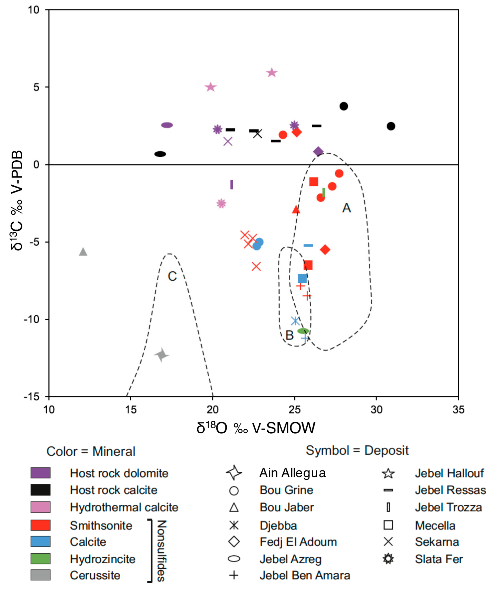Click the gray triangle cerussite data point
click(x=83, y=252)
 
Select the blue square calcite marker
click(x=302, y=278)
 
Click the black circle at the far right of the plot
click(x=391, y=126)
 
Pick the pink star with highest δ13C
click(x=272, y=73)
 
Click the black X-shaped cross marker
click(x=258, y=134)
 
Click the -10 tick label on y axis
click(x=32, y=319)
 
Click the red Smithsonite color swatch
click(x=40, y=525)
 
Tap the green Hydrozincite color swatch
click(x=40, y=559)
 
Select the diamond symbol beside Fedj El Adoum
click(x=234, y=542)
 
